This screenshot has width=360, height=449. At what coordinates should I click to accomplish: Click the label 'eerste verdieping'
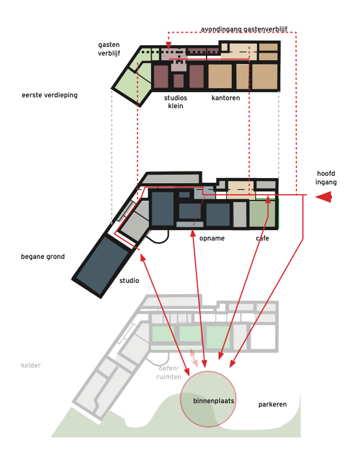coord(49,95)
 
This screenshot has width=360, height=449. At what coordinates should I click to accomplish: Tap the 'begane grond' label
coord(43,257)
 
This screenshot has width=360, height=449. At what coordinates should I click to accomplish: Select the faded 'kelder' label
coord(31,365)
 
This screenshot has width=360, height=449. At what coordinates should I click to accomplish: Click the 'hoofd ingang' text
coord(326,178)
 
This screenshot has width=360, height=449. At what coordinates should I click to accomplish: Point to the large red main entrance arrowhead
coord(324,197)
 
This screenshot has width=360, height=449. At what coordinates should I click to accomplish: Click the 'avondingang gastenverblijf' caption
coord(244,29)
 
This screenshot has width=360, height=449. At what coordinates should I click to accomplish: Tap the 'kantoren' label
coord(226,98)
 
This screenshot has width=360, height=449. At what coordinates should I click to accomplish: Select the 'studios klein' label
coord(175,102)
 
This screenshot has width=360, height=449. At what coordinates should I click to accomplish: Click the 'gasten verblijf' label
coord(109,49)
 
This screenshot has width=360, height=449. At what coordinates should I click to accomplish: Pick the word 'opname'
coord(212,238)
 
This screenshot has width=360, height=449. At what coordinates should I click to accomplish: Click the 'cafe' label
coord(262,238)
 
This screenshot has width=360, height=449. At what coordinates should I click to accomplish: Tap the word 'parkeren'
coord(272,404)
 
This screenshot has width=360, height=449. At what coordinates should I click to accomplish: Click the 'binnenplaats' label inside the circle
coord(213,401)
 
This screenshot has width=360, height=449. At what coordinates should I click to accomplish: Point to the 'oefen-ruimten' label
coord(169,372)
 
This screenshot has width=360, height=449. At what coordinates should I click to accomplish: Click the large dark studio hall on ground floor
coord(102,266)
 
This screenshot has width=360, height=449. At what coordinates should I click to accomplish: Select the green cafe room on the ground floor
coord(262,214)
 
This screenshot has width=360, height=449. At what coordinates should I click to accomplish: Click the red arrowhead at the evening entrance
coord(168,45)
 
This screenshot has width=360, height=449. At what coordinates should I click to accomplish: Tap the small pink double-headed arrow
coord(193,358)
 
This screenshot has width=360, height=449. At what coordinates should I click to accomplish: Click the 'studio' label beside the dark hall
coord(129,281)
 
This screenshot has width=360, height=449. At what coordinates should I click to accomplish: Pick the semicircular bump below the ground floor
coord(158,237)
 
